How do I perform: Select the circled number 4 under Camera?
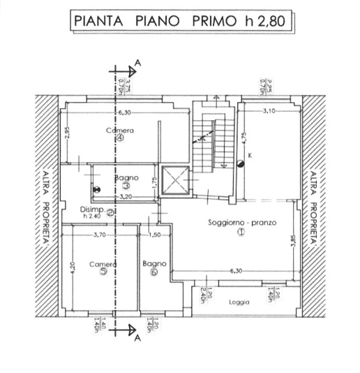120,138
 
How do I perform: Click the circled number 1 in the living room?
241,232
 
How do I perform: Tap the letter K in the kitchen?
249,154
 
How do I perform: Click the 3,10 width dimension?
269,111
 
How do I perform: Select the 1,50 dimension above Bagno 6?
155,235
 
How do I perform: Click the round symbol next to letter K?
241,163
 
